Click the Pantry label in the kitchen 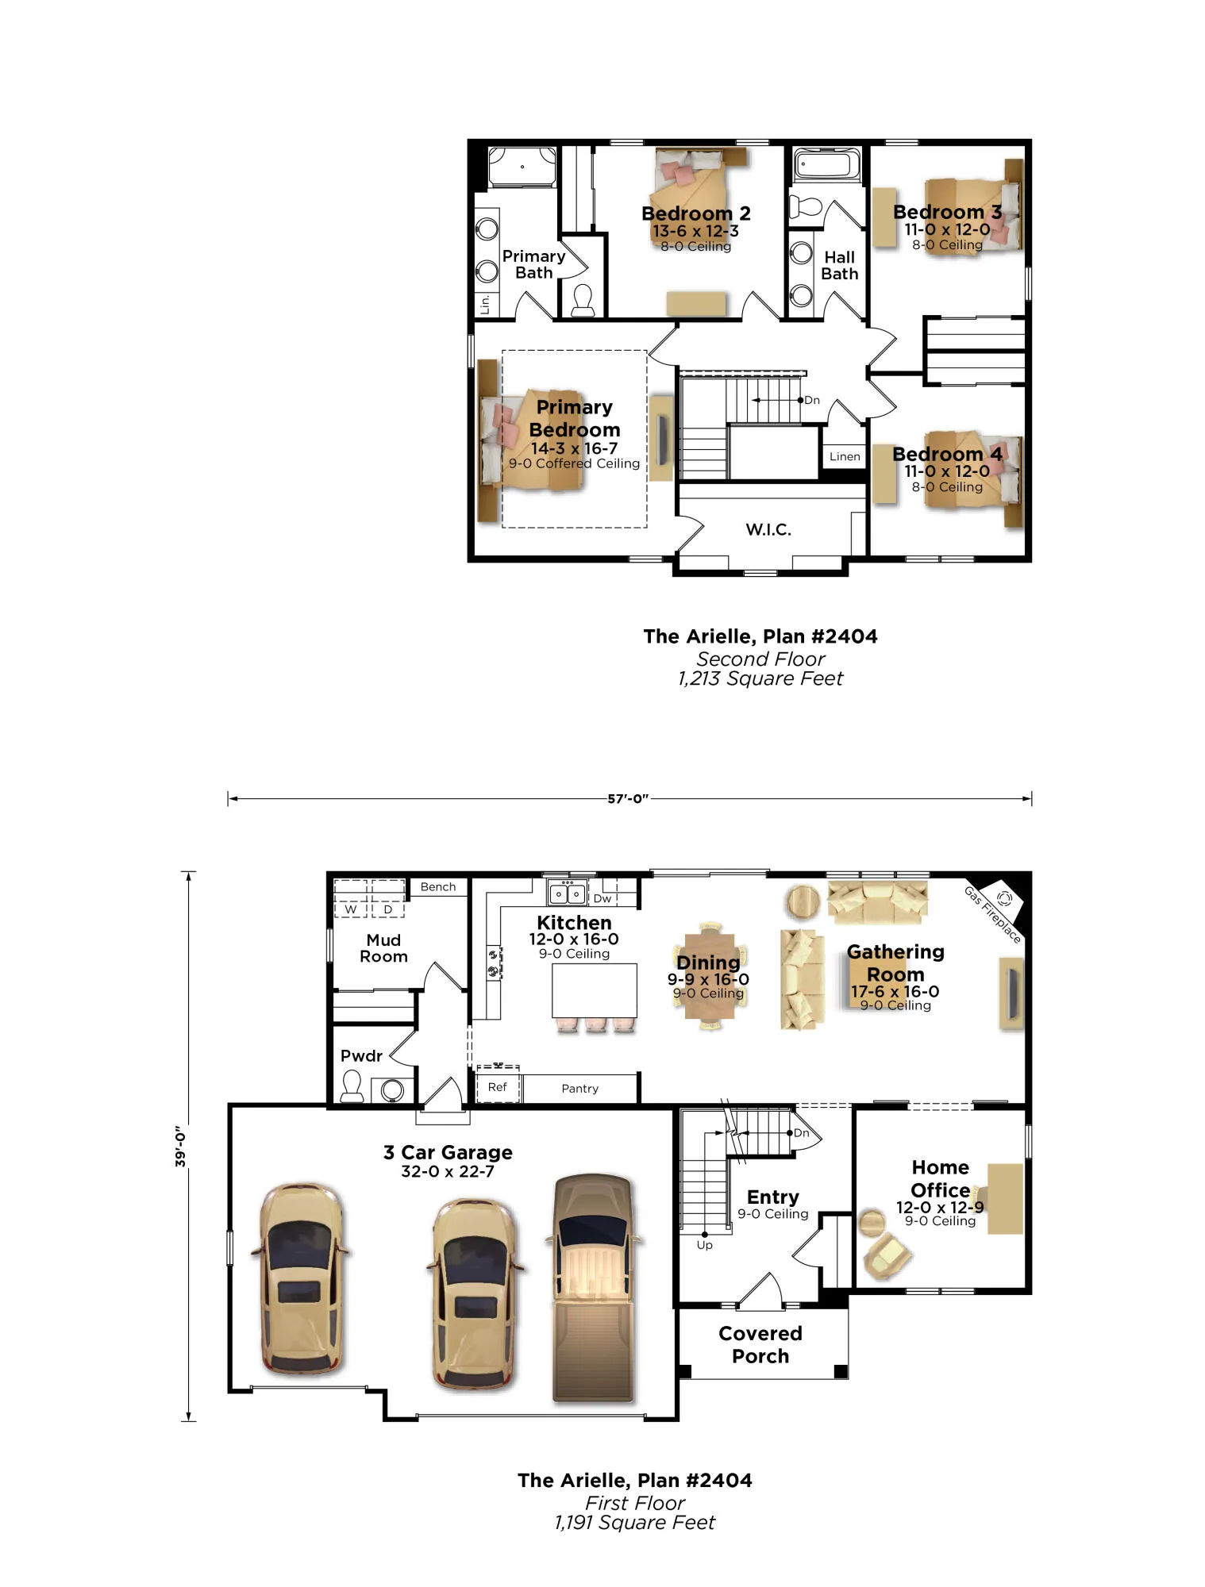(x=579, y=1089)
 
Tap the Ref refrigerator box (x=498, y=1086)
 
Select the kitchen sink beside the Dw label (x=568, y=893)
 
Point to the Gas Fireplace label (x=992, y=915)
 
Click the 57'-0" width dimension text (x=628, y=799)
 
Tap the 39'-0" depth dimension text (x=181, y=1146)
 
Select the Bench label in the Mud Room (x=438, y=887)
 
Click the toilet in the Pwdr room (x=351, y=1086)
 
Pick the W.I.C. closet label (x=768, y=529)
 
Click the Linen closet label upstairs (x=845, y=456)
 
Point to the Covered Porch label (x=760, y=1345)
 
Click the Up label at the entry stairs (x=704, y=1245)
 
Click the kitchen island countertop (x=595, y=990)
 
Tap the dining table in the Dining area (x=709, y=977)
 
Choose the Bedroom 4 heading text (x=947, y=455)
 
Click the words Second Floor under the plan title (x=760, y=659)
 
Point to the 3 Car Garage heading (x=448, y=1152)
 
